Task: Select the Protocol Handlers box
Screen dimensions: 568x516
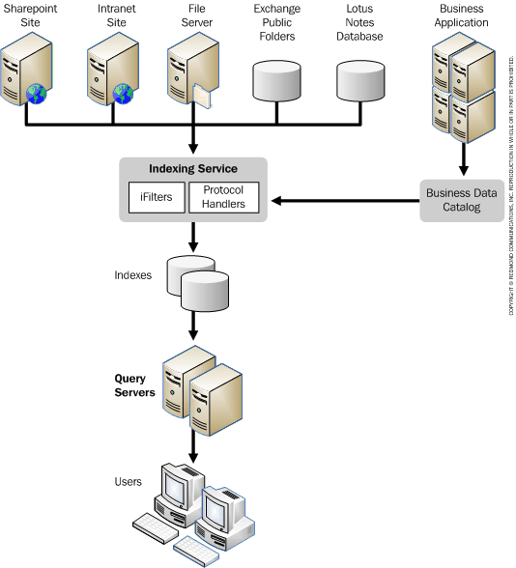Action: [223, 197]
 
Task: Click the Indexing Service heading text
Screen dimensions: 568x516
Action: [192, 169]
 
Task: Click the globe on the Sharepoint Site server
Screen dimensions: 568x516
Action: [37, 94]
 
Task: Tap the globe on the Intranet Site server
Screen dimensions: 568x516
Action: [121, 94]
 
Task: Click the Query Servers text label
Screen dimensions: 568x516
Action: [135, 385]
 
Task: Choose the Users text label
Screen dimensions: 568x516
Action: [128, 481]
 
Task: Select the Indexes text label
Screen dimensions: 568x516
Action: [132, 274]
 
